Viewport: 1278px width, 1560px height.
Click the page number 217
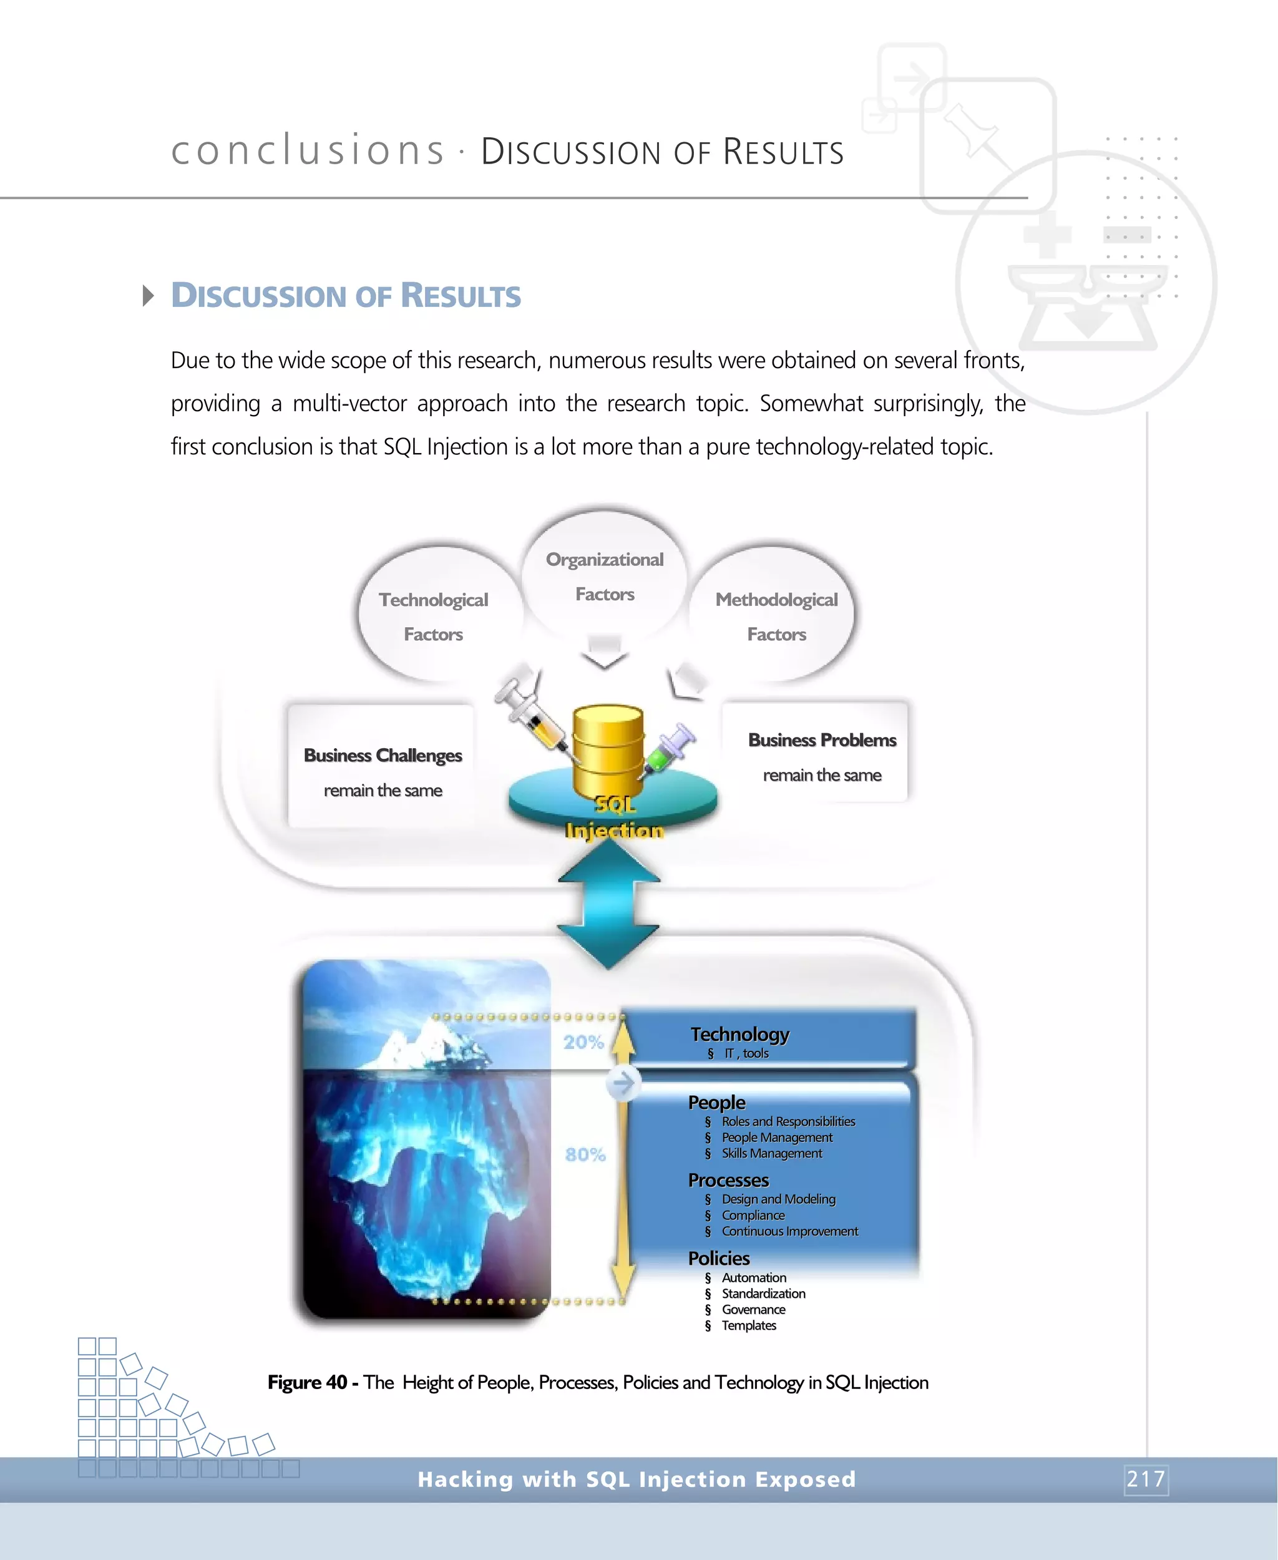coord(1146,1478)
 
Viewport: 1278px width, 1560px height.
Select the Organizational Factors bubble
coord(605,576)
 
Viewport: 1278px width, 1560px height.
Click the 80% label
coord(585,1154)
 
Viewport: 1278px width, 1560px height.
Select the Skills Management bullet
coord(771,1154)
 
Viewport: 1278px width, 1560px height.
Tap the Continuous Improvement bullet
coord(789,1231)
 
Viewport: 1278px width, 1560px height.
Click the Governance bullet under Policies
coord(753,1310)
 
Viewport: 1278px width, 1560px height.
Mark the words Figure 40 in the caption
coord(307,1383)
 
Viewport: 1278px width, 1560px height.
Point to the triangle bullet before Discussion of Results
coord(148,296)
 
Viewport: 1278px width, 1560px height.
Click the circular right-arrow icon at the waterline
coord(623,1083)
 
